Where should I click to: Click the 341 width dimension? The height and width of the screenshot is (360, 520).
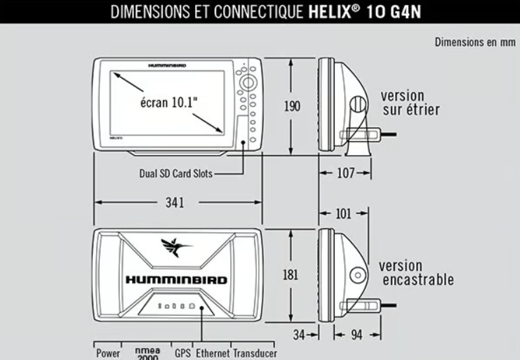pos(175,203)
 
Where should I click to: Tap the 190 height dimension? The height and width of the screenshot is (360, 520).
pos(292,106)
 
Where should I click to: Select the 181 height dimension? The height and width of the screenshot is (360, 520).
pos(291,275)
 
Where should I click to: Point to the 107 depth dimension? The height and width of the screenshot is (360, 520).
pos(345,173)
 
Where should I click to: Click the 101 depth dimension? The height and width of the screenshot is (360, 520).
pos(343,214)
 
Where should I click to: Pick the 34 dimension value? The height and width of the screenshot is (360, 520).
pos(299,335)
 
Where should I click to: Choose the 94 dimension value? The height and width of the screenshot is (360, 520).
pos(356,335)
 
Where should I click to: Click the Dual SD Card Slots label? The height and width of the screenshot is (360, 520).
pos(175,173)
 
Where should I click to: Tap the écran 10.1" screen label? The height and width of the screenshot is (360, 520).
pos(169,102)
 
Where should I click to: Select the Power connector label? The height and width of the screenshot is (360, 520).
pos(108,354)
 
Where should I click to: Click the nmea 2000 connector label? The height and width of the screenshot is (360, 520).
pos(148,354)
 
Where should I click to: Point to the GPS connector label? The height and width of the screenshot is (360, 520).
pos(182,354)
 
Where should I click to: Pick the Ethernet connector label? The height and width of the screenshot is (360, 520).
pos(213,354)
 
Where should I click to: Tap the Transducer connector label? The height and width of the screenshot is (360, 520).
pos(255,354)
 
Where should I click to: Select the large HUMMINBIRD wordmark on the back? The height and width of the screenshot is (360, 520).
pos(176,280)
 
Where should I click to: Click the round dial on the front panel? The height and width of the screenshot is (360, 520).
pos(248,83)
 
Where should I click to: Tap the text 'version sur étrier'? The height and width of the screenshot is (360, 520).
pos(411,102)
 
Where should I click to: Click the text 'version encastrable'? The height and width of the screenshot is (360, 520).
pos(417,273)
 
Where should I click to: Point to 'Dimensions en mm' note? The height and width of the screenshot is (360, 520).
pos(475,42)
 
